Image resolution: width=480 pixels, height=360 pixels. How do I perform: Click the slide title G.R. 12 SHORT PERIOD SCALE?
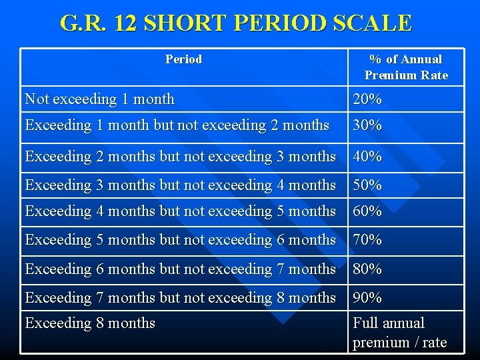click(x=236, y=23)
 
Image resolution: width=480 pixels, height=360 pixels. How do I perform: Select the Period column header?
click(x=183, y=59)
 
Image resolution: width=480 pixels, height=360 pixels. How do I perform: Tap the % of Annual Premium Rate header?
click(x=406, y=67)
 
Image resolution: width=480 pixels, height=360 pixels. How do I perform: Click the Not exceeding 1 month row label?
click(x=99, y=99)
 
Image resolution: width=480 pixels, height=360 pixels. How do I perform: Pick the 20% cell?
click(x=367, y=99)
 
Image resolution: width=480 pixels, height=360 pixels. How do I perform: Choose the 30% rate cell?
click(x=367, y=125)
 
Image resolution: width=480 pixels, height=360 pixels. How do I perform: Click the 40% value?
click(x=367, y=157)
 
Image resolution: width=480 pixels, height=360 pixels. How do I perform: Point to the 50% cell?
click(x=367, y=185)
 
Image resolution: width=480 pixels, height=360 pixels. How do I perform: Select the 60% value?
click(x=367, y=211)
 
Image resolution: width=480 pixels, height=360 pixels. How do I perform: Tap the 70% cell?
click(x=367, y=240)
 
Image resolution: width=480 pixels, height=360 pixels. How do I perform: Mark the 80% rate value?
click(x=367, y=269)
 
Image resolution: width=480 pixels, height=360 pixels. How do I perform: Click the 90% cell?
click(x=367, y=298)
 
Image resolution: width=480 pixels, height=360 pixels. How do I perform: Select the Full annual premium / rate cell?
click(x=399, y=333)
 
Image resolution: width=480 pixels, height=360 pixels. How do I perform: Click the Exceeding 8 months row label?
click(x=90, y=323)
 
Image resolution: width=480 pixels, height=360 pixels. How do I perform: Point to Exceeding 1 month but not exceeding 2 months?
click(x=177, y=125)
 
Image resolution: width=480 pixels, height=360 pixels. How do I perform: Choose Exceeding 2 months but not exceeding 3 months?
click(x=180, y=157)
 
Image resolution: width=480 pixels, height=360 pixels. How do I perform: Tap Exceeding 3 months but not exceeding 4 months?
click(x=180, y=185)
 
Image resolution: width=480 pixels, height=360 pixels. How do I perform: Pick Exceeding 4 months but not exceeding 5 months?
click(x=180, y=211)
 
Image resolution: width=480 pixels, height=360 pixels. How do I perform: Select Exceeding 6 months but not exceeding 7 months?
click(x=180, y=269)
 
